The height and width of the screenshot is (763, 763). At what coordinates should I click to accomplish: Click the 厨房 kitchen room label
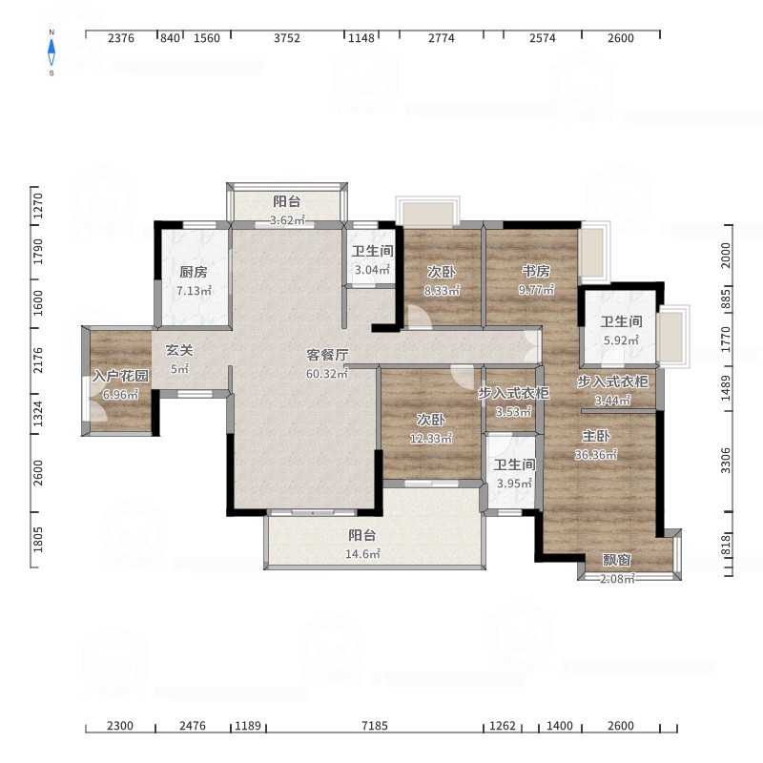point(194,272)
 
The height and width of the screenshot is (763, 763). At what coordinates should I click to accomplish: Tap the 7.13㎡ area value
point(194,291)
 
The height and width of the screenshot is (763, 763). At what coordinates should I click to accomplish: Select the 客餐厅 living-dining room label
point(327,355)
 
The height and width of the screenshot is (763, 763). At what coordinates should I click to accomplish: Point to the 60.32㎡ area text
point(327,374)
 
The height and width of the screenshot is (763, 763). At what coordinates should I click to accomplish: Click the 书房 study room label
point(536,271)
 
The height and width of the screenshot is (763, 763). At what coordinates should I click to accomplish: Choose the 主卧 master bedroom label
point(595,436)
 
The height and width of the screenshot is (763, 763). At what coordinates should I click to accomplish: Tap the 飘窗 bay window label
point(616,560)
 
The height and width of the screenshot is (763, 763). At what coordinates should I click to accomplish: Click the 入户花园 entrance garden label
point(121,376)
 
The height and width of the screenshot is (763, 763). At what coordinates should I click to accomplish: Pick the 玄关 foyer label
point(179,350)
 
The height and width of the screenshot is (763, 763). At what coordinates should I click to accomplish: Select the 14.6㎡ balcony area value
point(362,554)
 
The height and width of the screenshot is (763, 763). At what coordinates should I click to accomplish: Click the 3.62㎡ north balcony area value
point(287,220)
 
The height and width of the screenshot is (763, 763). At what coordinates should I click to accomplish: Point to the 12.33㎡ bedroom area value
point(431,439)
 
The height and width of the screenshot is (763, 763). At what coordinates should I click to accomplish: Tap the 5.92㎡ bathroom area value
point(621,340)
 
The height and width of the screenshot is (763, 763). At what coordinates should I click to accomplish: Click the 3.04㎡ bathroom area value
point(372,270)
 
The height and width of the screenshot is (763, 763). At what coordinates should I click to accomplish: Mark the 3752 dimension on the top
point(287,38)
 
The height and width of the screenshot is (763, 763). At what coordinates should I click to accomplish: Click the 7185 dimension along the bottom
point(375,726)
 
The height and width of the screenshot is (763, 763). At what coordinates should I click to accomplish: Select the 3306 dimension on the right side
point(726,461)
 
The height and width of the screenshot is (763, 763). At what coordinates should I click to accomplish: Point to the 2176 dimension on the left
point(38,361)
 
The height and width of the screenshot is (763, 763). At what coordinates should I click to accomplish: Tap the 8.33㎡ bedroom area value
point(442,291)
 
